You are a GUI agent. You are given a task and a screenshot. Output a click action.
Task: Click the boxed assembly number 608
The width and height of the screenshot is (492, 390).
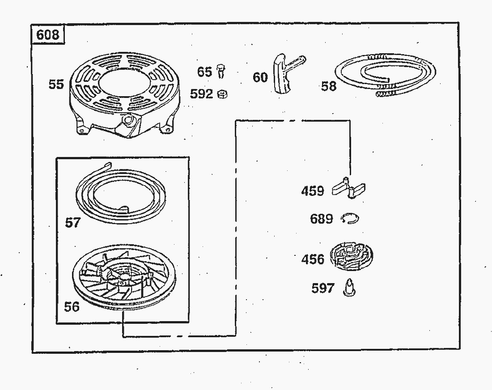tap(48, 35)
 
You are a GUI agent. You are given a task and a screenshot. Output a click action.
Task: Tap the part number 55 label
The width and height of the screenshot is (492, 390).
tap(56, 84)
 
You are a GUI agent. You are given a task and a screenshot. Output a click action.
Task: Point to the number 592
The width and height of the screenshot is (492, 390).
tap(201, 94)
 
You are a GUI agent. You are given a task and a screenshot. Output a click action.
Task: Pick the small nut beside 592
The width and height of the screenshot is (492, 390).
tap(221, 94)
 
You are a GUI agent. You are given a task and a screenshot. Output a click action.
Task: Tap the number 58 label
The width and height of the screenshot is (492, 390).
tap(329, 86)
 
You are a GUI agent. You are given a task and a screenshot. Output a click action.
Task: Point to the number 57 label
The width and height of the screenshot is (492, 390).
tap(72, 222)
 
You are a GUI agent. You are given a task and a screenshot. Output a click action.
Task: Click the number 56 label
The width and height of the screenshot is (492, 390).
tap(72, 306)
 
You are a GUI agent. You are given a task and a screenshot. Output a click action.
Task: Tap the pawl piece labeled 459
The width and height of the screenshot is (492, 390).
tap(350, 187)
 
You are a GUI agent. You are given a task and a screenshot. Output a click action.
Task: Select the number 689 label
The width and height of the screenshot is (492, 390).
tap(322, 219)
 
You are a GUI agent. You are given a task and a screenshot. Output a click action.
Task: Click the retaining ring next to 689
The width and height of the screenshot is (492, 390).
tap(349, 219)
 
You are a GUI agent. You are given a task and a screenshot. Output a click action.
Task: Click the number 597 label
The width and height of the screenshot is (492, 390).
tap(323, 288)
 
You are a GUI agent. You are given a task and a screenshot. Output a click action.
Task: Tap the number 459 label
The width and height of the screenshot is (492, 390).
tap(313, 191)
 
